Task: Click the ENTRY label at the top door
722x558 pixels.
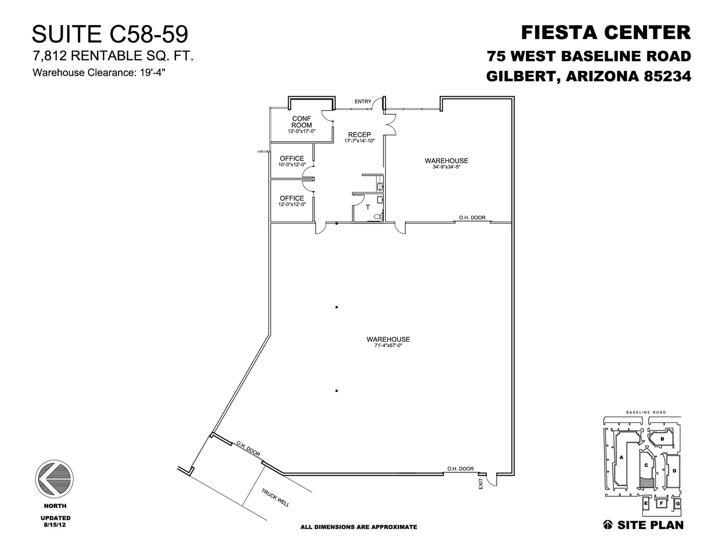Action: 362,102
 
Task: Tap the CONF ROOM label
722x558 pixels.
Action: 301,122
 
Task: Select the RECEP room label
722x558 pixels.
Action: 359,135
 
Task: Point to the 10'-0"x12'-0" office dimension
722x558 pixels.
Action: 292,164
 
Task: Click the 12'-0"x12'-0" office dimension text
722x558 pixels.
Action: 292,204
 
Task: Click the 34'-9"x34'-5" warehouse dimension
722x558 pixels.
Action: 446,167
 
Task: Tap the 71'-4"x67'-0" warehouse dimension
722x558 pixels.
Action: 388,345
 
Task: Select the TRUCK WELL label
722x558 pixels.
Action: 275,498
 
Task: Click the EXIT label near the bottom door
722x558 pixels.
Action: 481,484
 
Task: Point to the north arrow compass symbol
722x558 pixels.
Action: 54,478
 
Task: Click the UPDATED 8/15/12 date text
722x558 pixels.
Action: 55,521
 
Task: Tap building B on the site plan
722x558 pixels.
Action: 662,439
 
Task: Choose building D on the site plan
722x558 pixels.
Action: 674,471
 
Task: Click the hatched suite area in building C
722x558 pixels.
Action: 646,483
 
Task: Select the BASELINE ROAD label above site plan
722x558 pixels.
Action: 646,412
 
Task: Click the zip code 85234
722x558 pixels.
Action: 667,77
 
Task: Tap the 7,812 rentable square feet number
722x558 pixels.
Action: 49,56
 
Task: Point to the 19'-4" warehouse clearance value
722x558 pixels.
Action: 152,73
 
